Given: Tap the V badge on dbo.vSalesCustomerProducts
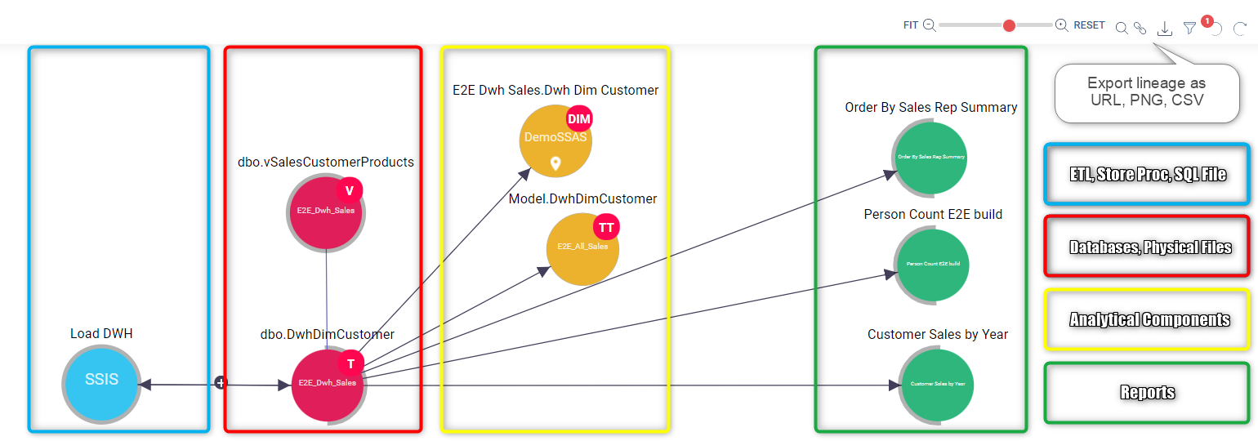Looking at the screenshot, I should (x=349, y=191).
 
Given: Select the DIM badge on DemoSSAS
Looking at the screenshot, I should (x=578, y=119).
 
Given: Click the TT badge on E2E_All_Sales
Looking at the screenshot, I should (x=606, y=227).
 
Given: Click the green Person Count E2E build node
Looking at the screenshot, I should (x=932, y=265).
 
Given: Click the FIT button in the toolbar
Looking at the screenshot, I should (x=911, y=25).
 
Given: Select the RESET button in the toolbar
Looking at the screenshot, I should (x=1089, y=25).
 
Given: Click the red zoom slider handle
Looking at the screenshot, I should (x=1009, y=25).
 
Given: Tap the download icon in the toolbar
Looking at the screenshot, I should (x=1166, y=29).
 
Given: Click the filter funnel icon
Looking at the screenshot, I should (x=1190, y=29).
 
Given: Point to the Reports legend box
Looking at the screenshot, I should (x=1147, y=393).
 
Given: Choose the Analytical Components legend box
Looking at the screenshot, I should (x=1147, y=319).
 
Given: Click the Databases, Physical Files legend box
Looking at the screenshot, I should (x=1147, y=247).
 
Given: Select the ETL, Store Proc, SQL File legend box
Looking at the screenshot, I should (x=1147, y=174).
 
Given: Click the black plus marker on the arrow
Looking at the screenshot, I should (x=220, y=382).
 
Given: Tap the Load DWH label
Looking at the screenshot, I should (x=101, y=334).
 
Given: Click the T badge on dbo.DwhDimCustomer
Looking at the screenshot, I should (x=350, y=364).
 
